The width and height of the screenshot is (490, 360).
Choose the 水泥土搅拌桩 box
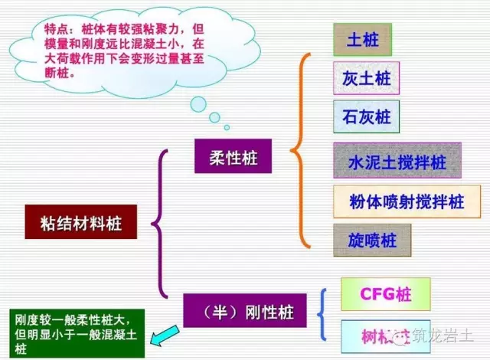(397, 162)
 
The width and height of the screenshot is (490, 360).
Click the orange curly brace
(302, 149)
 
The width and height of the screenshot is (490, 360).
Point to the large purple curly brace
(159, 223)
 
